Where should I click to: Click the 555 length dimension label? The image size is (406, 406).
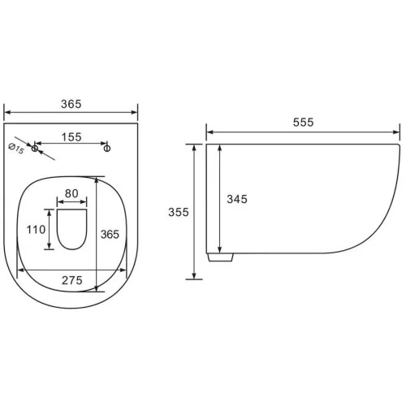point(303,123)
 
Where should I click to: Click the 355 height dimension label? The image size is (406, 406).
point(179,212)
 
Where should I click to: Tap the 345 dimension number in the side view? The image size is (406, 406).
point(237,199)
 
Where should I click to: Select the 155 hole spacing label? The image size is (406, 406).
point(71,137)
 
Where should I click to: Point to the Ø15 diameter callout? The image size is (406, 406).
point(16,149)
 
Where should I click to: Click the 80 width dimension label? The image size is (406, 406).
point(71,193)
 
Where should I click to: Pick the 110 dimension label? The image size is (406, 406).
point(36,230)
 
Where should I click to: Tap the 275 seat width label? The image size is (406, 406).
point(72,280)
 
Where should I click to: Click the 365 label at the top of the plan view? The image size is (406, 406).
point(71,104)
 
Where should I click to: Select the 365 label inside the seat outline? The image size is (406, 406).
point(110,235)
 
